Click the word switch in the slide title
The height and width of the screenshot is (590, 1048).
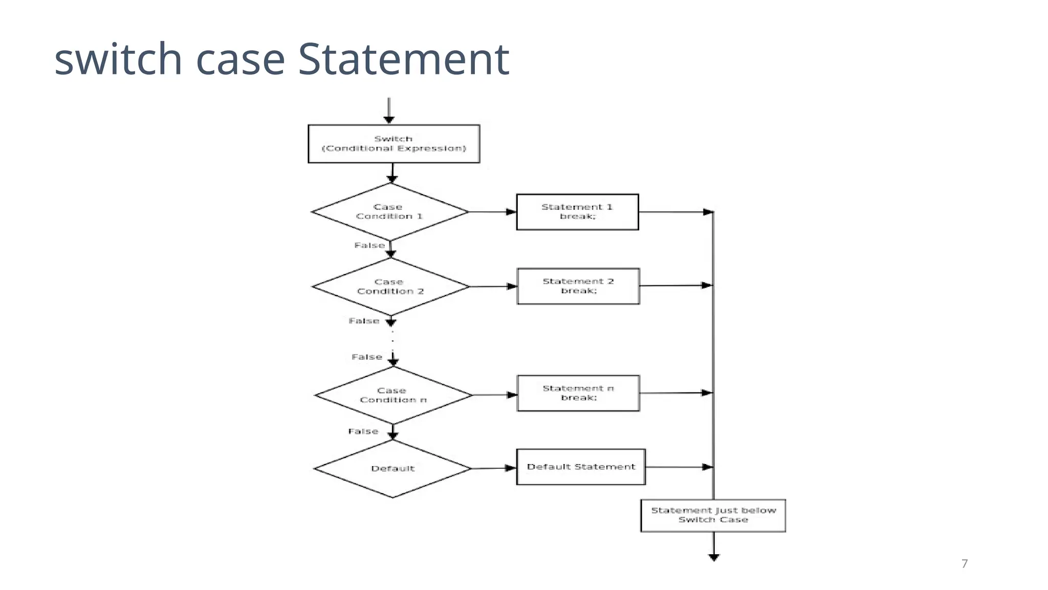click(x=118, y=59)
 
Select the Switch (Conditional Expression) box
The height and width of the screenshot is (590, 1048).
click(x=394, y=144)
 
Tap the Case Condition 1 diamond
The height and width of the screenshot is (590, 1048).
click(x=390, y=212)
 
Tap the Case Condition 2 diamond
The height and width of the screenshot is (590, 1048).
click(x=390, y=287)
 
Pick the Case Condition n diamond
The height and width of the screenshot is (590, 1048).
click(x=393, y=395)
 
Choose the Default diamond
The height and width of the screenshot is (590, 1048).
click(x=392, y=469)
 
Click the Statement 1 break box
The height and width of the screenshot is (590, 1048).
click(x=577, y=212)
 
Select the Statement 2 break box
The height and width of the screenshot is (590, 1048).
click(x=578, y=286)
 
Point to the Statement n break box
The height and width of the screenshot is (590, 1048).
click(x=578, y=393)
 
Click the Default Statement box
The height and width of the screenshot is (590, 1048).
click(x=581, y=467)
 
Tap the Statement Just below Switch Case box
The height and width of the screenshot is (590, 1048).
click(x=713, y=515)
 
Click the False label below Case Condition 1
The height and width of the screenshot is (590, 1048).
click(x=369, y=246)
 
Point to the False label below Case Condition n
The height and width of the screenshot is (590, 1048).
click(x=363, y=432)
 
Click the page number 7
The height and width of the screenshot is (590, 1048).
click(x=965, y=564)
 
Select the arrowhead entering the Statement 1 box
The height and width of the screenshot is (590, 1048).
click(x=511, y=212)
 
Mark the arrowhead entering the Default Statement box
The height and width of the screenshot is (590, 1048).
click(x=510, y=468)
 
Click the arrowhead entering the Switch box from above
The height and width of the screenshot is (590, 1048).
click(x=389, y=120)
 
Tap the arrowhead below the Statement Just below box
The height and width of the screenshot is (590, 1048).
click(x=714, y=558)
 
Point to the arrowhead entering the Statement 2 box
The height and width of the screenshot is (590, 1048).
click(x=512, y=286)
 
